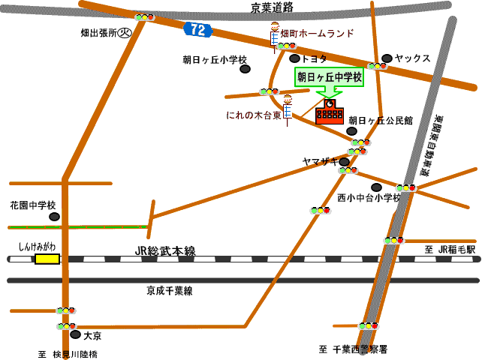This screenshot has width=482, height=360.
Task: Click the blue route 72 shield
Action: (x=197, y=29)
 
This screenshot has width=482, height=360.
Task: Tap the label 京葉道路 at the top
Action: (x=273, y=7)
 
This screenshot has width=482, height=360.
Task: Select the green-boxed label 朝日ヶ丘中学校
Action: (x=329, y=76)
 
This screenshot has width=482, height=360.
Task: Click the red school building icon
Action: (x=329, y=112)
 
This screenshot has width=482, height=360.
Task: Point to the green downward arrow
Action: (x=329, y=93)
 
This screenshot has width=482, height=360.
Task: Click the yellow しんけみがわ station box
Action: (x=47, y=259)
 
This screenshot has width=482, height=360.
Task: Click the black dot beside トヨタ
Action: (x=294, y=58)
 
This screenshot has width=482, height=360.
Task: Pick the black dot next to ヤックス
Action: (x=387, y=58)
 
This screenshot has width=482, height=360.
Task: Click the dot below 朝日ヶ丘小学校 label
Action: (x=245, y=69)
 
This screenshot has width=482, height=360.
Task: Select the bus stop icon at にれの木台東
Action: (x=287, y=106)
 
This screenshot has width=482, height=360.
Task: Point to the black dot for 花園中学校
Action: (x=54, y=217)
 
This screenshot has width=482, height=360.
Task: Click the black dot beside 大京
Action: (x=75, y=334)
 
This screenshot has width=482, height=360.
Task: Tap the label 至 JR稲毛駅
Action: (x=450, y=250)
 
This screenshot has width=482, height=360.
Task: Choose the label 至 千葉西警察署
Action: (x=352, y=349)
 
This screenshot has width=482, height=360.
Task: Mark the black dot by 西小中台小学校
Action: (x=376, y=187)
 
